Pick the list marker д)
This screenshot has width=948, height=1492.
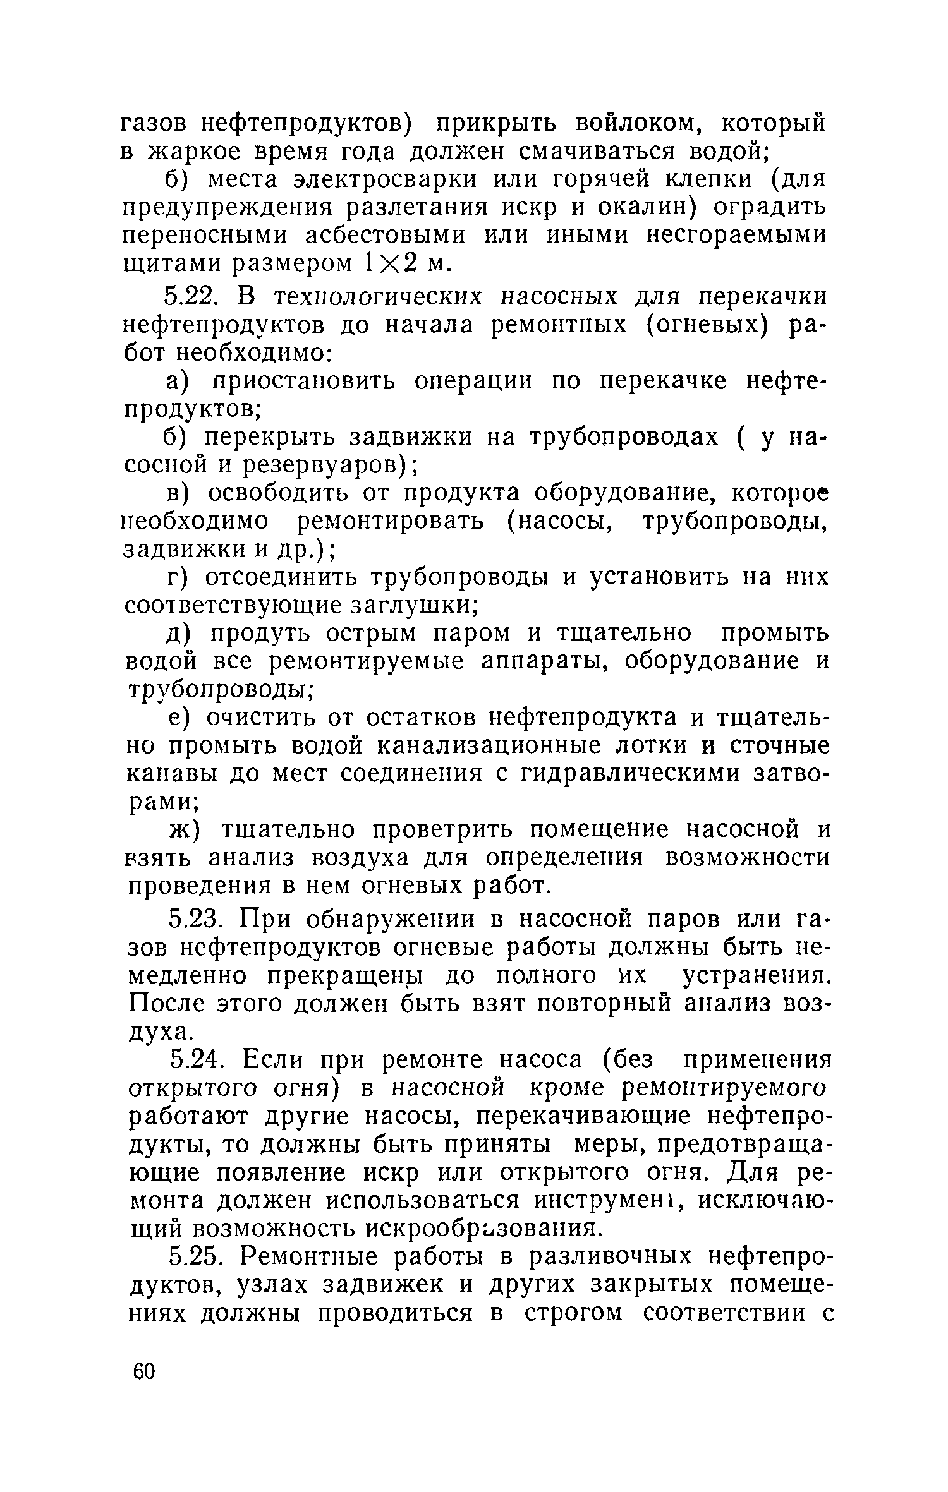pos(178,634)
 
